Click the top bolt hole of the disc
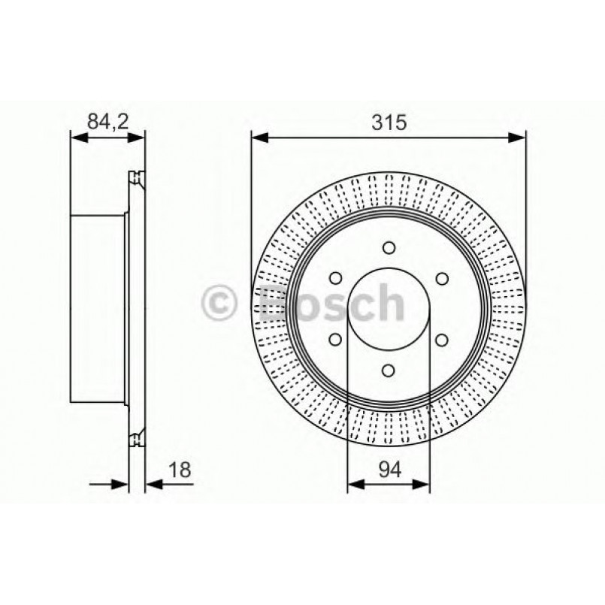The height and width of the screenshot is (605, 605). tap(389, 247)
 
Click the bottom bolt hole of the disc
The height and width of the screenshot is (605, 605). tap(389, 369)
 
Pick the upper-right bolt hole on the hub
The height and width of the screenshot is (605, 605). tap(441, 278)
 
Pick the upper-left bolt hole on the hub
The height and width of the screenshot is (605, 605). tap(335, 278)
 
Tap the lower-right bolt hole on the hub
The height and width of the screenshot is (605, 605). tap(441, 339)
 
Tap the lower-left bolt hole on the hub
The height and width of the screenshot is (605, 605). tap(335, 339)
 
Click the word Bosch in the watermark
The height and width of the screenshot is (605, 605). tap(331, 302)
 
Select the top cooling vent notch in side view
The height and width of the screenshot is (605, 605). tap(136, 177)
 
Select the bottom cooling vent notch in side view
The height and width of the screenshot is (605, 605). tap(136, 440)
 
